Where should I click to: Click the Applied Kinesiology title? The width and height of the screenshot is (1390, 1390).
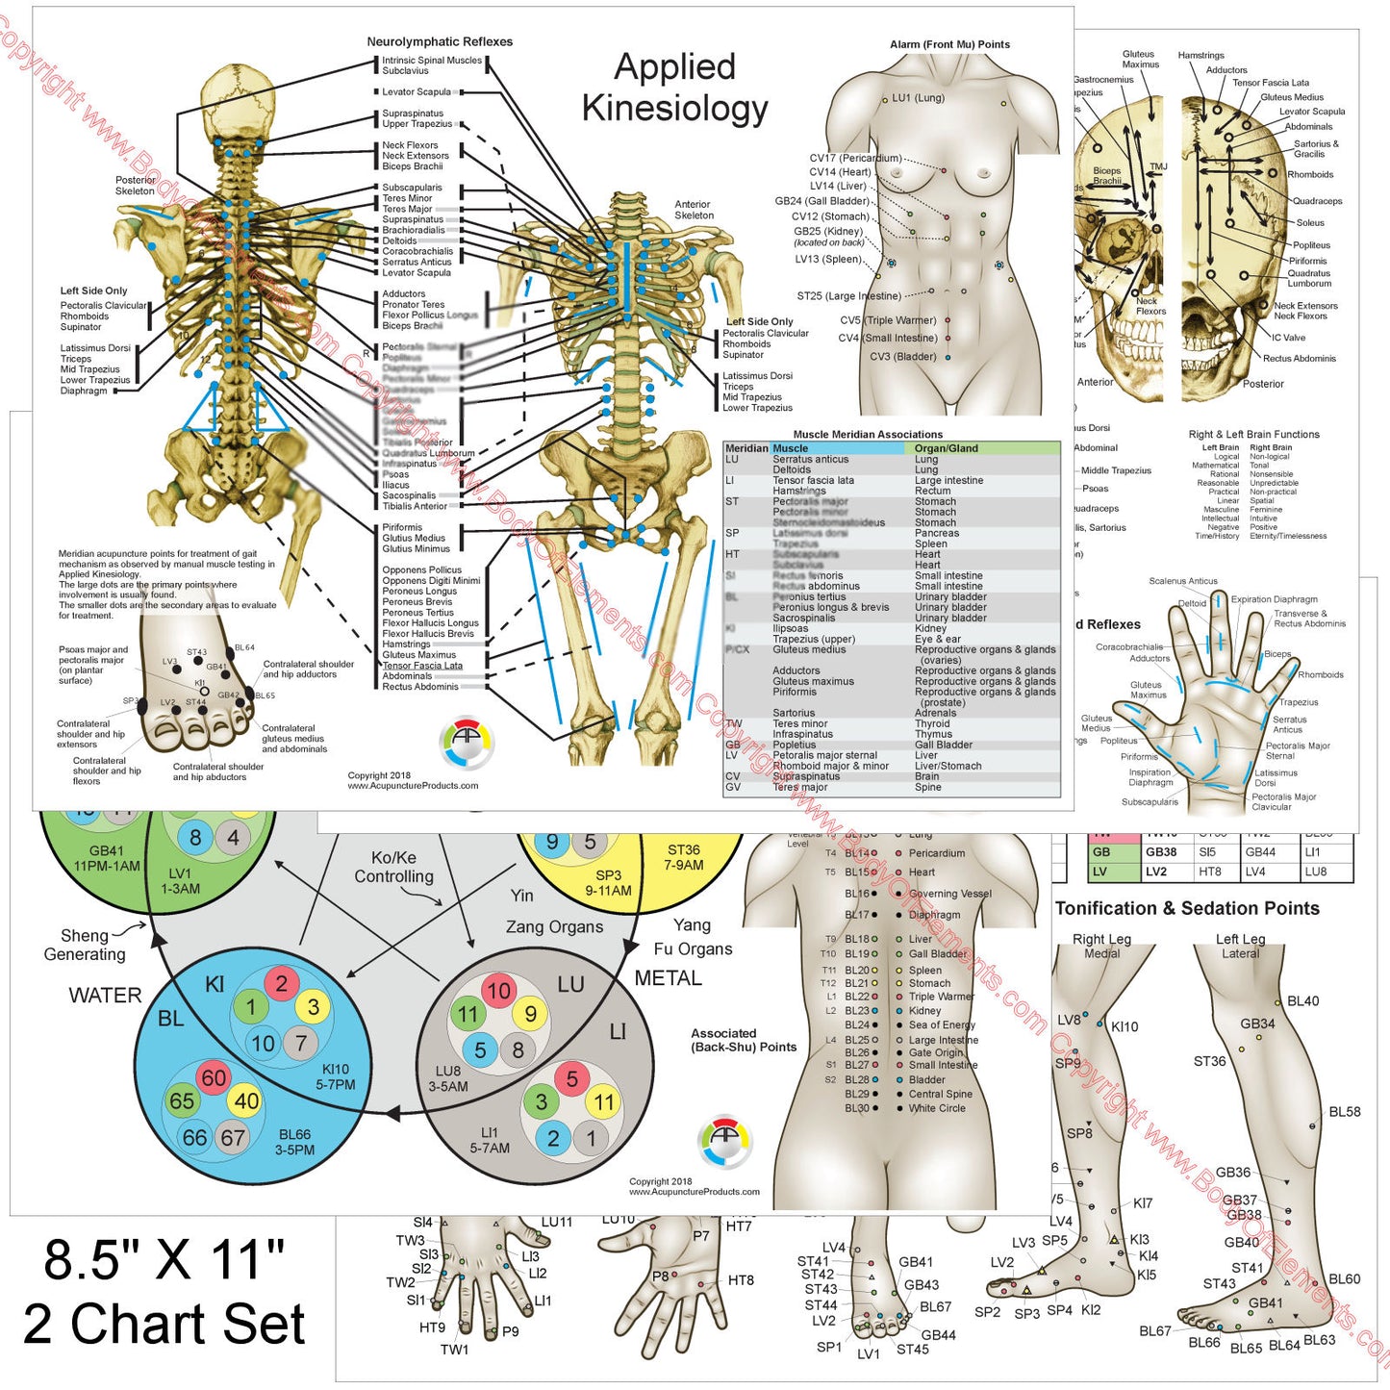674,88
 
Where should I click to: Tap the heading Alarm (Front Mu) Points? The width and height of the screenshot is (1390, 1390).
949,44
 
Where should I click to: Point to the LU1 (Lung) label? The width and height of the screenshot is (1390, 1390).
918,98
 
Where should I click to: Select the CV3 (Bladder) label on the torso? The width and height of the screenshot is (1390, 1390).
902,357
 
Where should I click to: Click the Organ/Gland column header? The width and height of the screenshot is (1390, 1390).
946,448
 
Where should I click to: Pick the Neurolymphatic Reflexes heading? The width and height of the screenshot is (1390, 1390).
440,41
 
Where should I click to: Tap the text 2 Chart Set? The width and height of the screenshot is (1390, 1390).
164,1325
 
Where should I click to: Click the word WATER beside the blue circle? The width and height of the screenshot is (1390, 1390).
105,996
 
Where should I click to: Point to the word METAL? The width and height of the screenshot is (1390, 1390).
668,978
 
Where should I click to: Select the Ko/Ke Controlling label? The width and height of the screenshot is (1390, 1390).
393,868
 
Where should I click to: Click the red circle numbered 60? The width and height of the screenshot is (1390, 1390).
214,1078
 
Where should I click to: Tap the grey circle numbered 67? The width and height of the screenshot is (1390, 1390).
233,1137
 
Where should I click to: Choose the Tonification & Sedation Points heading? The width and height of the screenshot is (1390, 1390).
1187,909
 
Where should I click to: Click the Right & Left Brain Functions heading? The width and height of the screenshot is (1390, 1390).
1253,435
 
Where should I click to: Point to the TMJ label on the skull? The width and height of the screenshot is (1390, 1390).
1158,166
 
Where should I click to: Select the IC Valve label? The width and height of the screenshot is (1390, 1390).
1288,338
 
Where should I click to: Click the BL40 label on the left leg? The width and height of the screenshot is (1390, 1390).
1302,1001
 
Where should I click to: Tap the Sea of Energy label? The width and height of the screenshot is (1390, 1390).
942,1025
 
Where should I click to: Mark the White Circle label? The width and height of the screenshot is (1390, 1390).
937,1108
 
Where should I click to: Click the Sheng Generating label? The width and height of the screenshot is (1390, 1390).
85,945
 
